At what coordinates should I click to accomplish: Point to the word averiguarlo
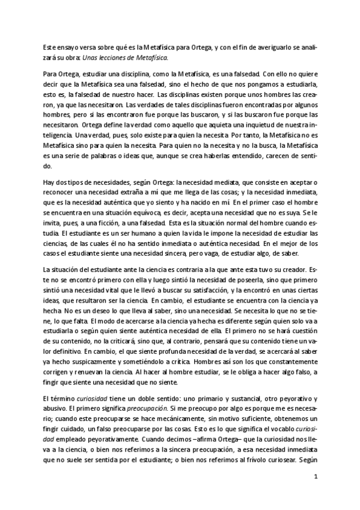coord(272,48)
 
